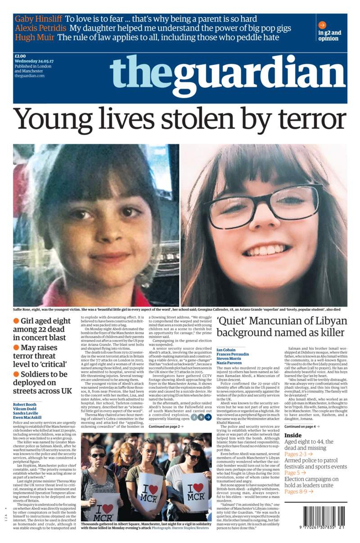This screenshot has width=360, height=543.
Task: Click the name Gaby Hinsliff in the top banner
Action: [37, 19]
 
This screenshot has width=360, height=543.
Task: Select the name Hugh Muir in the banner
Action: [33, 37]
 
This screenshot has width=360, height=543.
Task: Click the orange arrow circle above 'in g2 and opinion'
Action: [322, 25]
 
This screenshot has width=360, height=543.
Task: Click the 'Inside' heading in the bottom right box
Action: [293, 435]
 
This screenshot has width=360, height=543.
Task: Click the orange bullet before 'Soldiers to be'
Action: [16, 374]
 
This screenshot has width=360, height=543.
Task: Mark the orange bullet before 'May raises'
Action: [16, 348]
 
